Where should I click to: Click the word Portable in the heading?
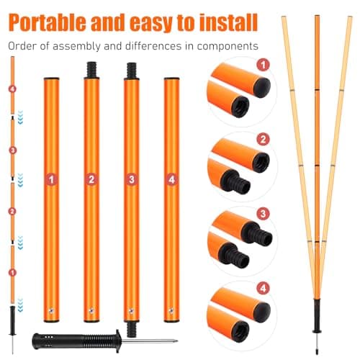tap(47, 22)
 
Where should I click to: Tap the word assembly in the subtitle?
tap(76, 46)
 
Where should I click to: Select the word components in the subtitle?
tap(228, 47)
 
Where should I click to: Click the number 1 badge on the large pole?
tap(51, 179)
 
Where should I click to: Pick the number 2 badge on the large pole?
tap(91, 179)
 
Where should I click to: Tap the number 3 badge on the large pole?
tap(132, 179)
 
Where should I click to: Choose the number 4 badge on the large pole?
tap(171, 179)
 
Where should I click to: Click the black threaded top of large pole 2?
tap(91, 70)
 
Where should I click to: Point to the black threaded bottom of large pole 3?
tap(132, 329)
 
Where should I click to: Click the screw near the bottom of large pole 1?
tap(51, 311)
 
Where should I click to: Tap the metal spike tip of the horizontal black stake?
tap(176, 341)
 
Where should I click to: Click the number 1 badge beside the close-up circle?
tap(263, 65)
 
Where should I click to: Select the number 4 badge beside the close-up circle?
tap(263, 288)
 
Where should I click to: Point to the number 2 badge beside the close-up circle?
tap(263, 140)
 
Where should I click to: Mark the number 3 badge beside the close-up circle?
tap(263, 214)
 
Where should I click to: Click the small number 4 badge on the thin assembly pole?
tap(12, 89)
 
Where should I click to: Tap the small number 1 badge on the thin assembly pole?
tap(12, 273)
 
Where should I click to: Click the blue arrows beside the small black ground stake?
tap(20, 305)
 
